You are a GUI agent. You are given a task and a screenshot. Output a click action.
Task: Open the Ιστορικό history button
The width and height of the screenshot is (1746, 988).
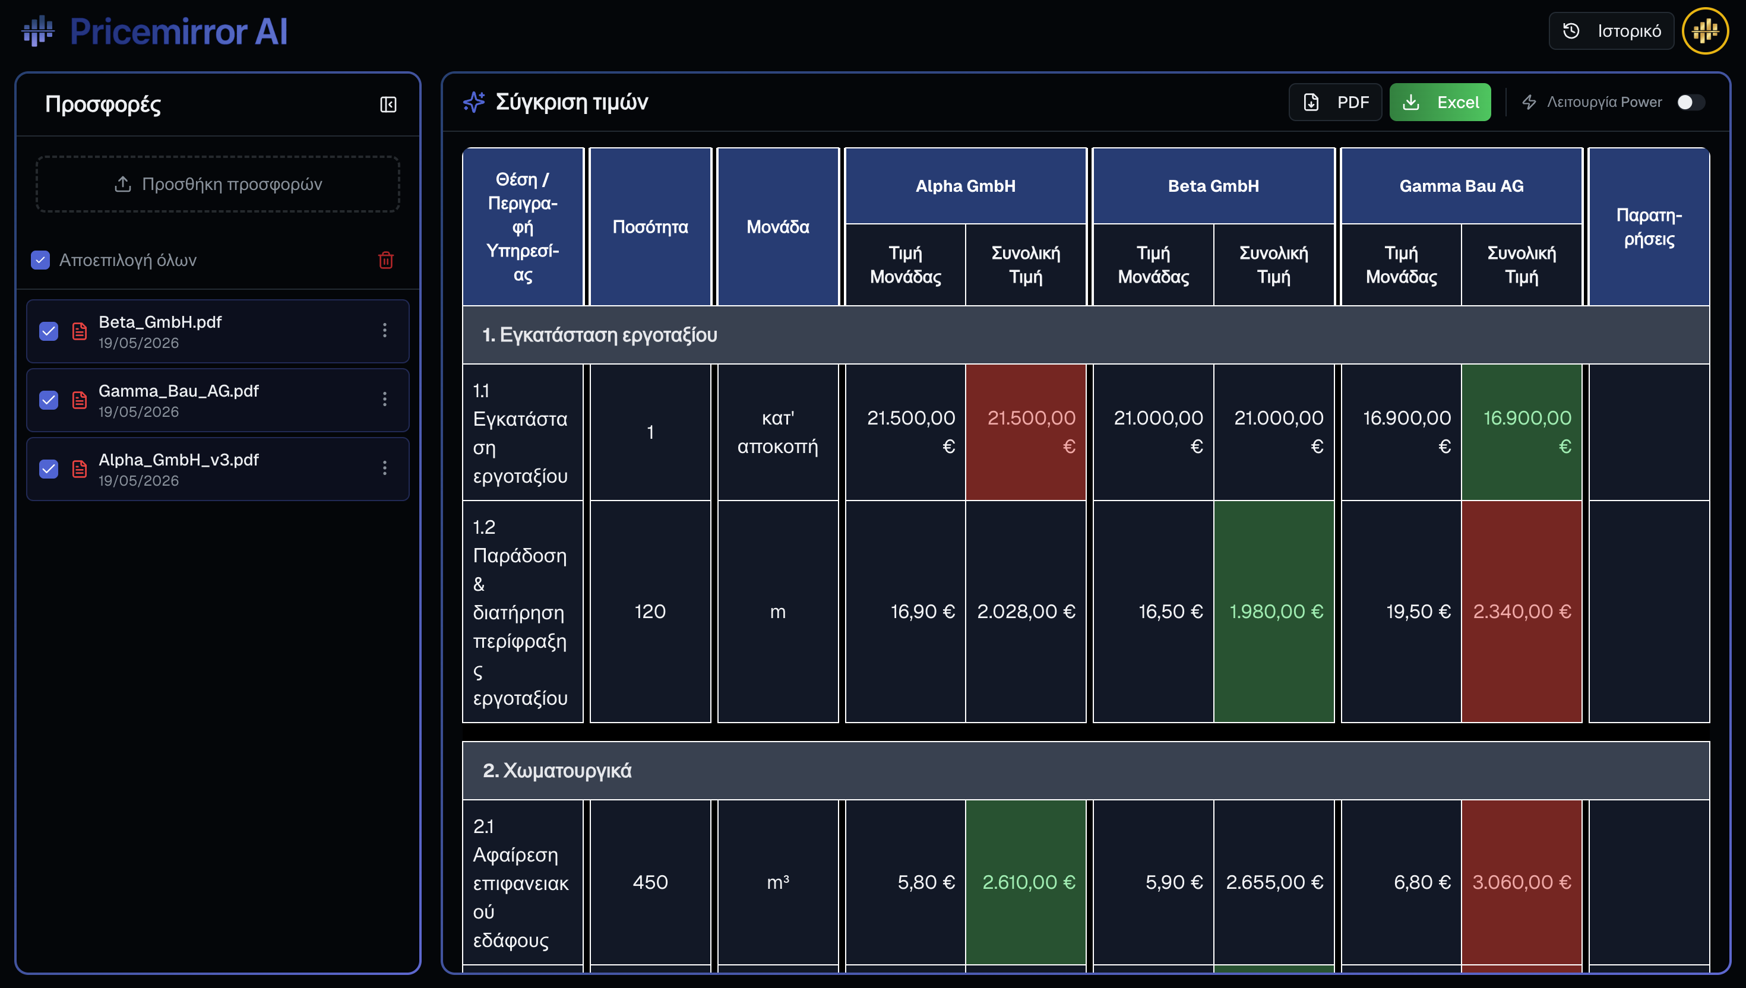pos(1611,31)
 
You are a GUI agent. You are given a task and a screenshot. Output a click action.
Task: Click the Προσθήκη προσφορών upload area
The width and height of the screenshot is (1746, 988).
pos(218,184)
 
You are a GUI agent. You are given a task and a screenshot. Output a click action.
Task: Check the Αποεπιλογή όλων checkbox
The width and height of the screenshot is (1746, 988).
pos(41,260)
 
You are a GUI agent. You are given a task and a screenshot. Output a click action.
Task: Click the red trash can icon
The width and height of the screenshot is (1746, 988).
pos(385,260)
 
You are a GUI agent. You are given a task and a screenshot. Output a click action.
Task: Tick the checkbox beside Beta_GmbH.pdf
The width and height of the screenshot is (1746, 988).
pos(49,331)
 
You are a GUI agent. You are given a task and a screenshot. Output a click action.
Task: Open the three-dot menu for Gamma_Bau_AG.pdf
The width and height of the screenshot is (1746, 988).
pos(385,399)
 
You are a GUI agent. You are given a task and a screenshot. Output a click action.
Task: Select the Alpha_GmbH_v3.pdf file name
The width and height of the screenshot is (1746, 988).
pos(179,460)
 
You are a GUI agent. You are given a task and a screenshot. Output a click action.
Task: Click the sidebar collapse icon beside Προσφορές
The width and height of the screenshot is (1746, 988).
pos(388,104)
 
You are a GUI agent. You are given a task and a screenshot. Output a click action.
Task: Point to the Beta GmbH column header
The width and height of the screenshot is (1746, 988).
pos(1213,186)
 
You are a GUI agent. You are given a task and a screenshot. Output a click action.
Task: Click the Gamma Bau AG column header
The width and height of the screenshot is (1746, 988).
pos(1462,186)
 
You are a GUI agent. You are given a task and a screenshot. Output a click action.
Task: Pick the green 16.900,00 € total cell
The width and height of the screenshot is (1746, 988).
pos(1522,432)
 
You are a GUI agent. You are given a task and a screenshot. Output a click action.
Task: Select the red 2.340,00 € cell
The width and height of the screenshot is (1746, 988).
pos(1522,612)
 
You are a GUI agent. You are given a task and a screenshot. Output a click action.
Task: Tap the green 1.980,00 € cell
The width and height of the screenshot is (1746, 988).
pos(1274,612)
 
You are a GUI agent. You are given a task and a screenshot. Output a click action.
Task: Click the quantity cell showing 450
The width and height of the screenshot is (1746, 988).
pos(650,882)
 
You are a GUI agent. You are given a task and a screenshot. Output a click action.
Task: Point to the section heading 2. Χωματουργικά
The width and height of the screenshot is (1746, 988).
pos(557,771)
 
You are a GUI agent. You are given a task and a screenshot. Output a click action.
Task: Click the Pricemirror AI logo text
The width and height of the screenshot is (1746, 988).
pos(179,31)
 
